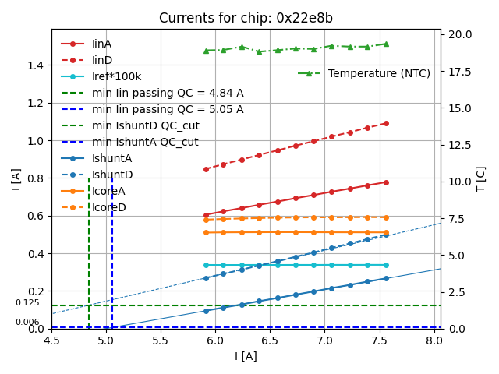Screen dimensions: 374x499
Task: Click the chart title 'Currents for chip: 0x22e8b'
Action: (246, 18)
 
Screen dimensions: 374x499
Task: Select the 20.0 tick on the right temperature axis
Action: (458, 34)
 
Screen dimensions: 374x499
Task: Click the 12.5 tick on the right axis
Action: (458, 145)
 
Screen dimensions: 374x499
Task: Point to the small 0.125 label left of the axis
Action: (27, 302)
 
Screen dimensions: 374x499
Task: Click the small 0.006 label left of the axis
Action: (27, 322)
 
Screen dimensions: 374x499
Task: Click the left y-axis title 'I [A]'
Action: (15, 179)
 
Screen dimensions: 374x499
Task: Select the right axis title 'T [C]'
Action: (481, 179)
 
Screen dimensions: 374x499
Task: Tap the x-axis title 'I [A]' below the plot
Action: (246, 356)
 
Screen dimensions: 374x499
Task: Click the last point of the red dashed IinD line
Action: (385, 123)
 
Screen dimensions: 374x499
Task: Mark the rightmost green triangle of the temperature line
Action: (385, 44)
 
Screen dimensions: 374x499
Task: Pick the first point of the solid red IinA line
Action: (206, 215)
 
